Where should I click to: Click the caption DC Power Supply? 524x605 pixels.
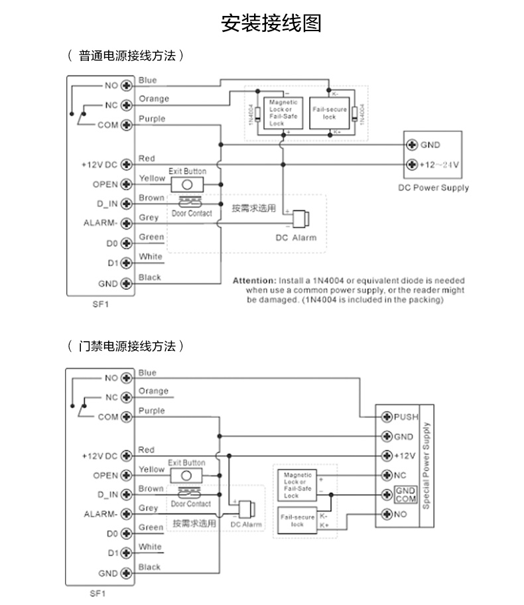pos(433,188)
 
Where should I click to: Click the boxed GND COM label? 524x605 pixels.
pos(405,494)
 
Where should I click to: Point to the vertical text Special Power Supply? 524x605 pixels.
pos(426,464)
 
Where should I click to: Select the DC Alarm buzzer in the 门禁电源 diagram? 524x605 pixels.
pos(246,509)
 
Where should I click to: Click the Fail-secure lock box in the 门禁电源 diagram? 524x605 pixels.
pos(296,520)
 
